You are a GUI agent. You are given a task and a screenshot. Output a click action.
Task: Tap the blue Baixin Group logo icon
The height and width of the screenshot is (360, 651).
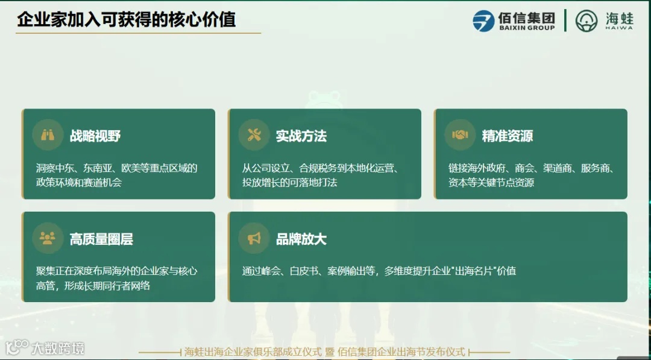pyautogui.click(x=483, y=21)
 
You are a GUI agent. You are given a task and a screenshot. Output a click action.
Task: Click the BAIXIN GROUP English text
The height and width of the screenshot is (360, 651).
pyautogui.click(x=526, y=28)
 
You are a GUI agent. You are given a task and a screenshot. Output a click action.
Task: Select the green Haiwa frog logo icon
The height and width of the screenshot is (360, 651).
pyautogui.click(x=587, y=21)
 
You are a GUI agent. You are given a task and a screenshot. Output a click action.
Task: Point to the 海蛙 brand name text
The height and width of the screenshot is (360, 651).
pyautogui.click(x=619, y=17)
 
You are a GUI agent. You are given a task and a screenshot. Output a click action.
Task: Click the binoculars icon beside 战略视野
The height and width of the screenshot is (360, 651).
pyautogui.click(x=48, y=135)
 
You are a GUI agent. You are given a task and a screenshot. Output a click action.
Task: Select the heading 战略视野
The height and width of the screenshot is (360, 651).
pyautogui.click(x=95, y=136)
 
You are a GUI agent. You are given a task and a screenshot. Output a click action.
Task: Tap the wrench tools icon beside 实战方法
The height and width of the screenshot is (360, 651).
pyautogui.click(x=254, y=135)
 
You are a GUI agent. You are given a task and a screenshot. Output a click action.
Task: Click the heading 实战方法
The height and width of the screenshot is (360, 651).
pyautogui.click(x=301, y=136)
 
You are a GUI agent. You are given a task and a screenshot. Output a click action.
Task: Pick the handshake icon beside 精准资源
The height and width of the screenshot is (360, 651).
pyautogui.click(x=460, y=135)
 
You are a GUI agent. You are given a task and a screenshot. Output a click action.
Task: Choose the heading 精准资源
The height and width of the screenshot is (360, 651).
pyautogui.click(x=508, y=136)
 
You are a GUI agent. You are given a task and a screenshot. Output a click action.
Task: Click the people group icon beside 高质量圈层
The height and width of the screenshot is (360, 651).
pyautogui.click(x=48, y=238)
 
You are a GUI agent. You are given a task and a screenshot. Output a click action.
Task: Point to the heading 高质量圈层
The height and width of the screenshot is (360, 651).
pyautogui.click(x=101, y=239)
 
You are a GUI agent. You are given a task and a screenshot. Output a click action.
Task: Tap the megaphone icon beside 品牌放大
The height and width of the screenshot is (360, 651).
pyautogui.click(x=254, y=238)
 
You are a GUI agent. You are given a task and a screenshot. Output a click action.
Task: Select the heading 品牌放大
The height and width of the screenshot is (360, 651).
pyautogui.click(x=301, y=239)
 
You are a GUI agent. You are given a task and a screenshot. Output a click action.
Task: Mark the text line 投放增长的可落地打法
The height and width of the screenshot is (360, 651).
pyautogui.click(x=289, y=182)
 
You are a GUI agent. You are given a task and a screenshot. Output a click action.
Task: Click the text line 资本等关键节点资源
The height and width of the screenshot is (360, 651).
pyautogui.click(x=491, y=182)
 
